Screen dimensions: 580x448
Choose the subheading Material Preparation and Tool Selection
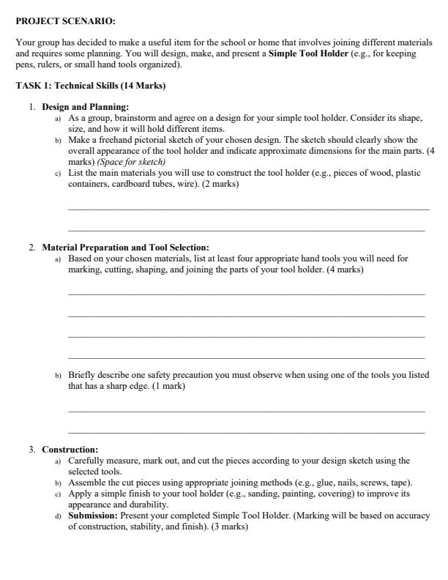(125, 248)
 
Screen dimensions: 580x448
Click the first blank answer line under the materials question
(248, 211)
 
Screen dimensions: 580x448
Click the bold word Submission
(92, 516)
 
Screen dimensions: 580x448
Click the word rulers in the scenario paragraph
(45, 64)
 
